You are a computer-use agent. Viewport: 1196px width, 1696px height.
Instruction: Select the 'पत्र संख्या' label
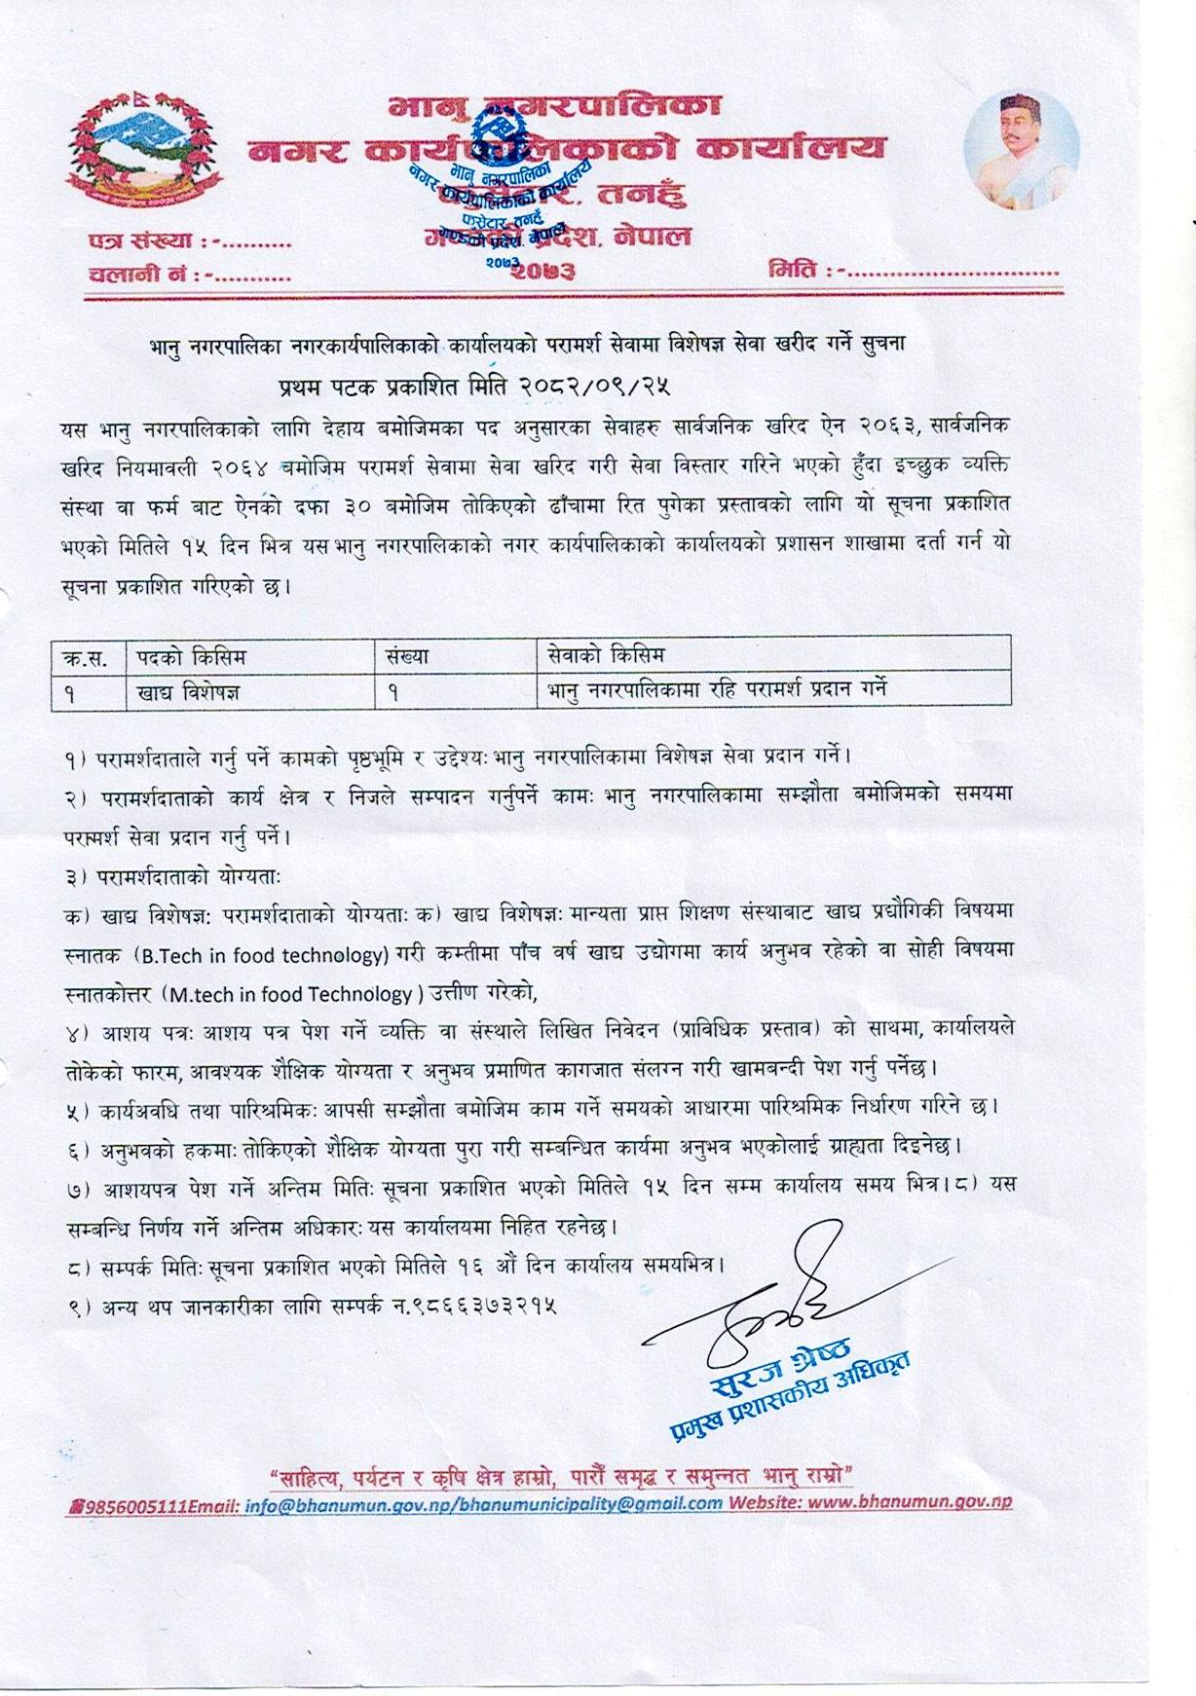pos(144,241)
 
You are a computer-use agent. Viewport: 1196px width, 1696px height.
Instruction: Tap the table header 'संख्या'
pos(407,656)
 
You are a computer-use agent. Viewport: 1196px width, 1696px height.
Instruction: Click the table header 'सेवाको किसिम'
pos(606,654)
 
